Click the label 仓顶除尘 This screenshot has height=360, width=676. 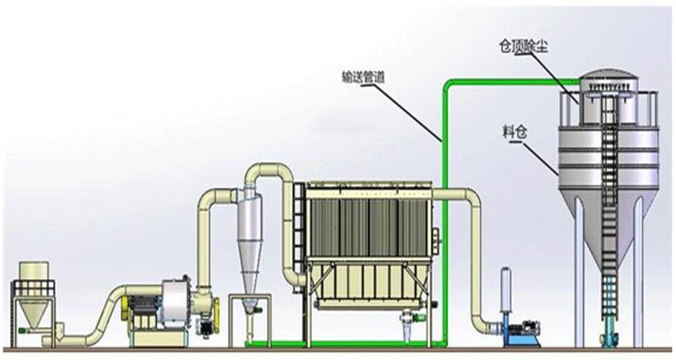[524, 46]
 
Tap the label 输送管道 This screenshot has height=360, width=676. [363, 77]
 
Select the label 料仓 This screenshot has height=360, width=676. [514, 131]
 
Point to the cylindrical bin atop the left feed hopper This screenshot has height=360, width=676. [33, 271]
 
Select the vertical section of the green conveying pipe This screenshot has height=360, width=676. [444, 215]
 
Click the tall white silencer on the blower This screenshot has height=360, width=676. [506, 290]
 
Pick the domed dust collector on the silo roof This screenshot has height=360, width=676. [608, 97]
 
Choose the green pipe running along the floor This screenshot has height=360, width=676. [345, 344]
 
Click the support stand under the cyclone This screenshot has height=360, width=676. [250, 321]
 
